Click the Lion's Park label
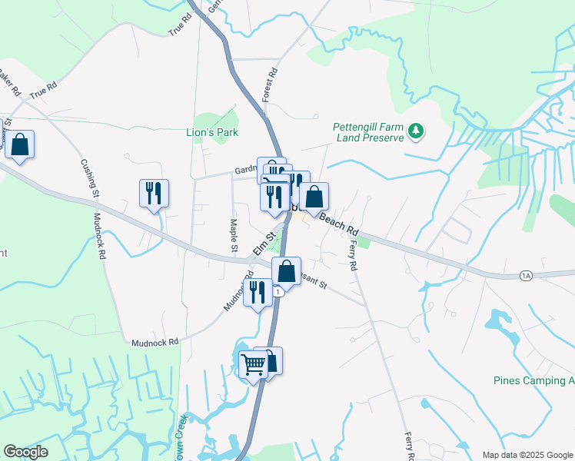pyautogui.click(x=213, y=133)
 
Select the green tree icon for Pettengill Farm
pyautogui.click(x=416, y=131)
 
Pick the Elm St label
pyautogui.click(x=264, y=245)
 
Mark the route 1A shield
pyautogui.click(x=526, y=275)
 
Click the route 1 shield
pyautogui.click(x=278, y=292)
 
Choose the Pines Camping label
pyautogui.click(x=533, y=381)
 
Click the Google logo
pyautogui.click(x=25, y=452)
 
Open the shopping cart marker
pyautogui.click(x=253, y=365)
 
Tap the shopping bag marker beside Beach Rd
pyautogui.click(x=314, y=197)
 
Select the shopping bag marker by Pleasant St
pyautogui.click(x=286, y=271)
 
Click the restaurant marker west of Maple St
pyautogui.click(x=154, y=193)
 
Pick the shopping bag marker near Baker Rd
pyautogui.click(x=19, y=144)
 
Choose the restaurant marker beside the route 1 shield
pyautogui.click(x=258, y=292)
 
